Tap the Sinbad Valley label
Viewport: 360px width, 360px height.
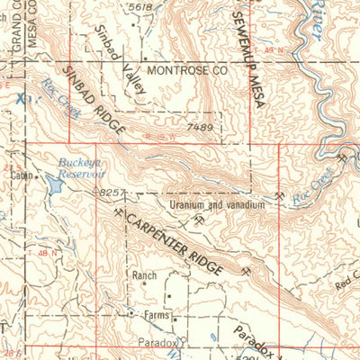pyautogui.click(x=120, y=62)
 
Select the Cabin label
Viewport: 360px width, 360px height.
pyautogui.click(x=22, y=176)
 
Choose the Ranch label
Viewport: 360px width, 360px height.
pyautogui.click(x=144, y=275)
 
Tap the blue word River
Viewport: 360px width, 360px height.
pyautogui.click(x=319, y=13)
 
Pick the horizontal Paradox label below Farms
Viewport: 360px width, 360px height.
pyautogui.click(x=155, y=343)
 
